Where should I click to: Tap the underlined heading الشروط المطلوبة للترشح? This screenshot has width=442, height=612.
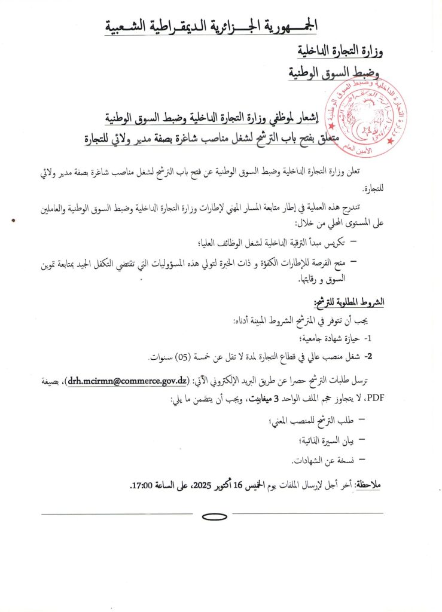(x=347, y=301)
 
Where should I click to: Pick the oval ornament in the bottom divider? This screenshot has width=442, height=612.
(x=212, y=516)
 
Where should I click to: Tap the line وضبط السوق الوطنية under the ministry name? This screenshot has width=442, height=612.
(x=336, y=74)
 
